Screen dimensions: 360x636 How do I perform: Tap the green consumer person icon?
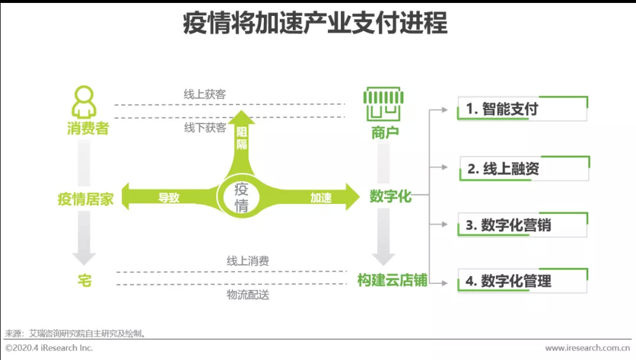click(84, 103)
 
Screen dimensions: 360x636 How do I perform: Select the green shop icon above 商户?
click(385, 104)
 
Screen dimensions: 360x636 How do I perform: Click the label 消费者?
click(88, 128)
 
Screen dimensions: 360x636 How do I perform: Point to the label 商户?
click(385, 133)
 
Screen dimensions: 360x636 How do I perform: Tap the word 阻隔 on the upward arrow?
click(241, 137)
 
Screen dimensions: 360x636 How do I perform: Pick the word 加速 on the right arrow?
click(321, 197)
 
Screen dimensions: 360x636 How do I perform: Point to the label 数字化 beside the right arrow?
click(390, 196)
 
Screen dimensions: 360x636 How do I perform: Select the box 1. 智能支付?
click(522, 109)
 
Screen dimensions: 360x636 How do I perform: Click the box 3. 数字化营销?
click(522, 225)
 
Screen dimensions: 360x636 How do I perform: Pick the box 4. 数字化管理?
click(522, 280)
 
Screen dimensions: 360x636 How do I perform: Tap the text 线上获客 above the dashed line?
click(204, 94)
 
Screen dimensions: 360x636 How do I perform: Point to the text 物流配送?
click(248, 295)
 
